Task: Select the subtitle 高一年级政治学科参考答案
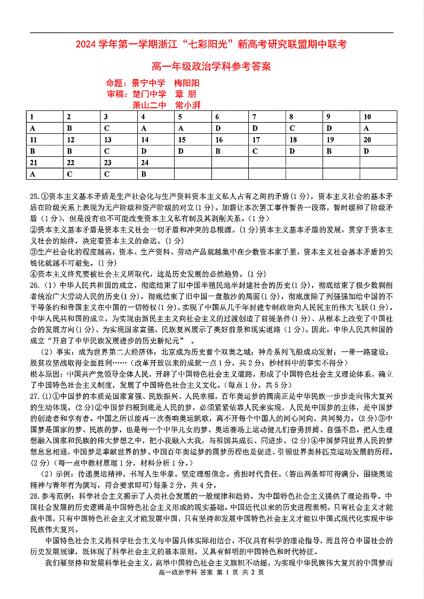click(x=211, y=67)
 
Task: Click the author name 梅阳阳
click(x=187, y=83)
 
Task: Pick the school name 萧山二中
click(x=149, y=105)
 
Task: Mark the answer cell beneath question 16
click(x=230, y=151)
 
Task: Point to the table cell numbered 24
click(x=156, y=163)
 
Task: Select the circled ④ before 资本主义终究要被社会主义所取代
click(x=34, y=274)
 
